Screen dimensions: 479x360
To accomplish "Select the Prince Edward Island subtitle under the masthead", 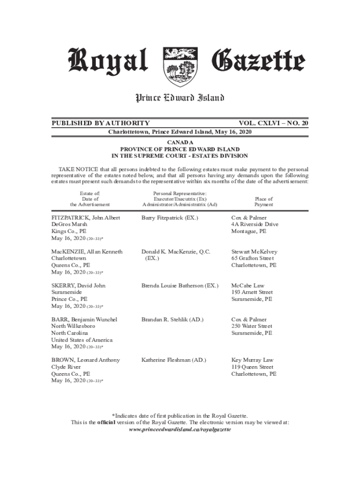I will (180, 98).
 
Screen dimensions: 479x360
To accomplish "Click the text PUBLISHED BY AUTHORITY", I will (101, 123).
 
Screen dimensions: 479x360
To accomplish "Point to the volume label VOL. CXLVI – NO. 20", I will (274, 123).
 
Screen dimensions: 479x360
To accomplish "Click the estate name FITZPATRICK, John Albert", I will (86, 218).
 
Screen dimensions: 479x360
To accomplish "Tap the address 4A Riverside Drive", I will (255, 225).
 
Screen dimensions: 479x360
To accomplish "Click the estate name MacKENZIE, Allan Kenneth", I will (87, 252).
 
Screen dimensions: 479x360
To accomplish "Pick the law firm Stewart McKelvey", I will (254, 252).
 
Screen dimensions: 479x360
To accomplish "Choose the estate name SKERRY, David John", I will (79, 285).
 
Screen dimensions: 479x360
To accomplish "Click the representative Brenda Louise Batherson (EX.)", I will (180, 285).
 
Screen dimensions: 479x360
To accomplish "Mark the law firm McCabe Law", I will (247, 285).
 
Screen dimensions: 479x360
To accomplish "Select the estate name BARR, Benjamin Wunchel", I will (84, 319).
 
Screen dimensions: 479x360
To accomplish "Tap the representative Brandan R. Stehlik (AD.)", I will (172, 319).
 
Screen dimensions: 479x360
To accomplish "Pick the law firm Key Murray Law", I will (252, 360).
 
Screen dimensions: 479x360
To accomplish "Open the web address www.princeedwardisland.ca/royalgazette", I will (180, 429).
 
